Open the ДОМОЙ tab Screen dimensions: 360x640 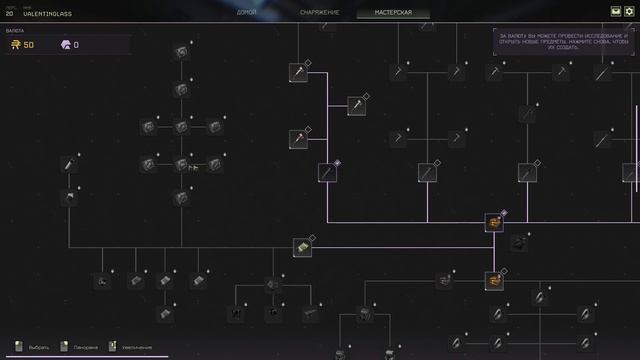(x=247, y=13)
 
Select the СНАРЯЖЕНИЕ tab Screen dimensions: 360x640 (x=319, y=13)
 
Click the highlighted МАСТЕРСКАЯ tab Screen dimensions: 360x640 (x=393, y=13)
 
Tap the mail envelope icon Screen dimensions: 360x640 (x=614, y=12)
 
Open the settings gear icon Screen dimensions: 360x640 (x=630, y=12)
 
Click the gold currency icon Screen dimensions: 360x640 (x=16, y=45)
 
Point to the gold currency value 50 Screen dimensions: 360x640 (x=28, y=45)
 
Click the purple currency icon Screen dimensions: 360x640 (x=66, y=45)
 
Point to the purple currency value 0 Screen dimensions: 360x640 (x=76, y=45)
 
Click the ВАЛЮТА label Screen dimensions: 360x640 (x=15, y=31)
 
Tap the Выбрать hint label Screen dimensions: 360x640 (x=38, y=347)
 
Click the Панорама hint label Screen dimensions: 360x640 (x=86, y=347)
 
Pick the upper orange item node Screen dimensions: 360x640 (x=494, y=222)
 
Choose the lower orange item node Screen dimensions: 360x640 (x=494, y=280)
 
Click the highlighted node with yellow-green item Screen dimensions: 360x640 (x=300, y=246)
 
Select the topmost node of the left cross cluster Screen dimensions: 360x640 (x=181, y=52)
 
